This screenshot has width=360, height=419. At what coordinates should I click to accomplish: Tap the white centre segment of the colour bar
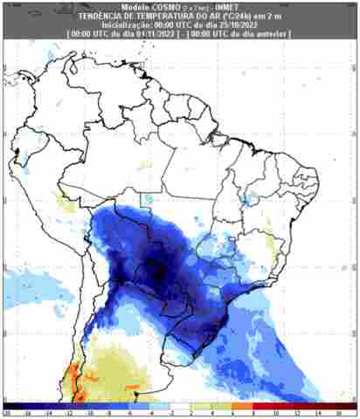point(181,406)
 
